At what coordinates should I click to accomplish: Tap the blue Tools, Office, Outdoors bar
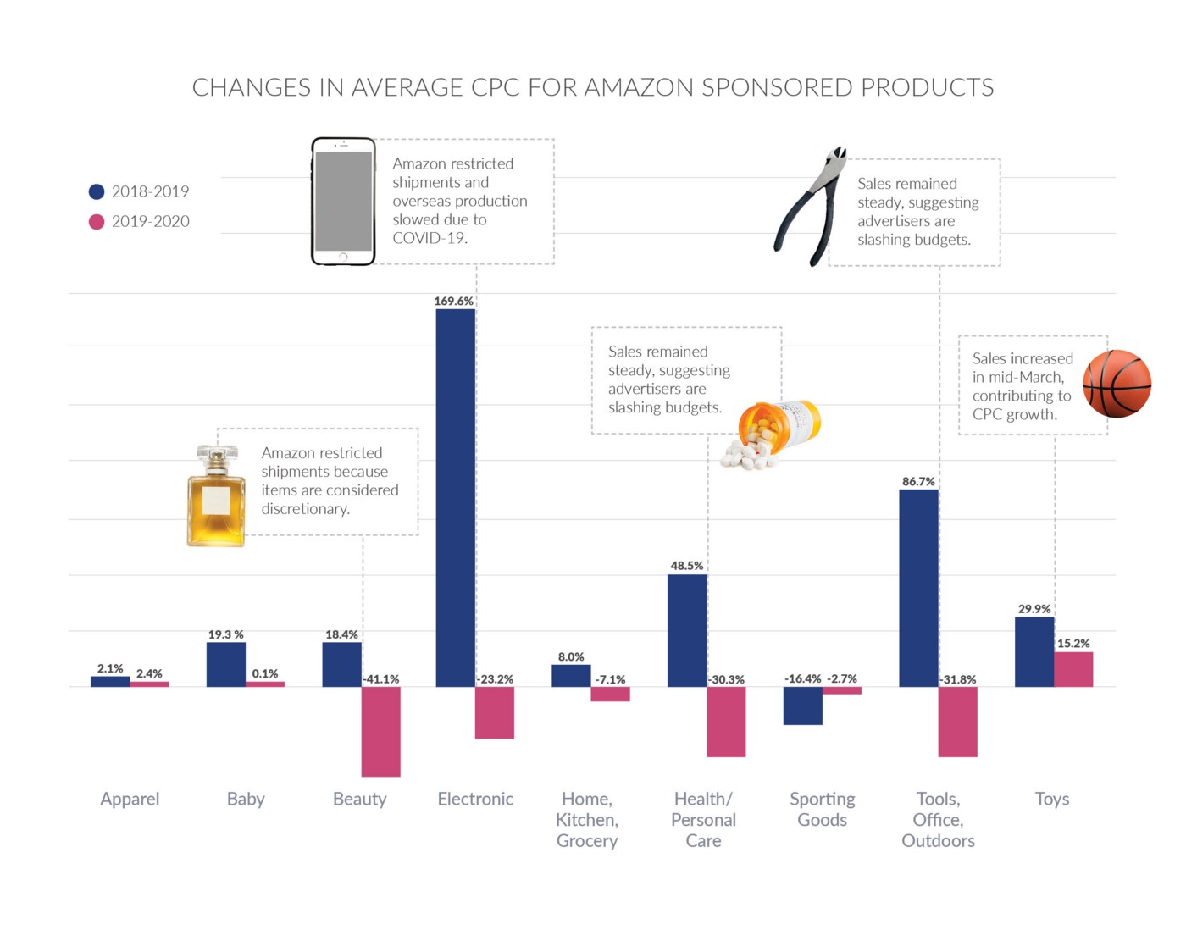tap(918, 588)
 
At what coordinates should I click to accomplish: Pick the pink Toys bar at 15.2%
tap(1073, 669)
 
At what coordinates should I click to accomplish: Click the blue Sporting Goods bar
tap(802, 706)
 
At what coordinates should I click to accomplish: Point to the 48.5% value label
tap(686, 566)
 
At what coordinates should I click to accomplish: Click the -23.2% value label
tap(495, 679)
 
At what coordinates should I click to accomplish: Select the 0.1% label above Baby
tap(264, 673)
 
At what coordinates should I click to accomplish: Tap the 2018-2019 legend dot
tap(97, 191)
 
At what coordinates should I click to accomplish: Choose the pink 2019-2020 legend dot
tap(97, 221)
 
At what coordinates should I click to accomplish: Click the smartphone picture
tap(343, 202)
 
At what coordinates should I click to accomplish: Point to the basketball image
tap(1117, 384)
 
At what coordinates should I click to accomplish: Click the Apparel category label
tap(130, 799)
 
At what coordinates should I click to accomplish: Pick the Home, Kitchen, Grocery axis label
tap(587, 819)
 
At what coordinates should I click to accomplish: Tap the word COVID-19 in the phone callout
tap(430, 238)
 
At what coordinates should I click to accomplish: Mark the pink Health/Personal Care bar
tap(726, 722)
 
